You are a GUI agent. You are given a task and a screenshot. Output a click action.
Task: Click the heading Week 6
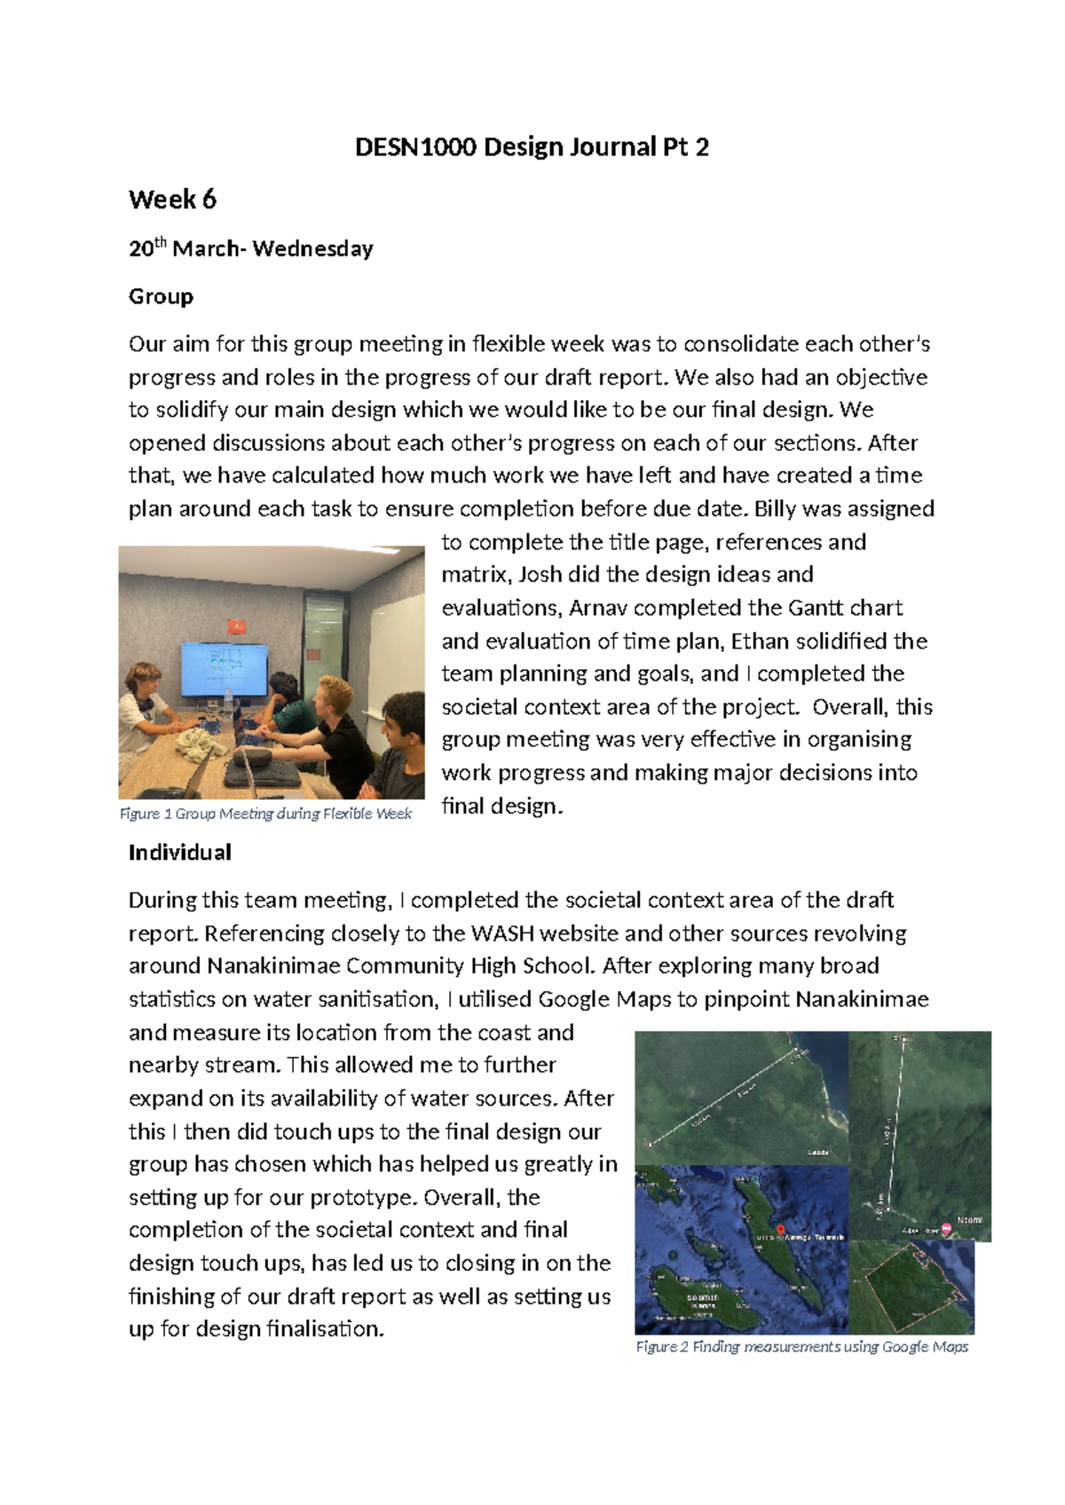(172, 200)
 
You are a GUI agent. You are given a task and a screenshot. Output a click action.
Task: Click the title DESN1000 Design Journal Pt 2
(532, 147)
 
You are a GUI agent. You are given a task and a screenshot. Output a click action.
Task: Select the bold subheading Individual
(179, 853)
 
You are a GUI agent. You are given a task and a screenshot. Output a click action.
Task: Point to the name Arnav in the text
(598, 609)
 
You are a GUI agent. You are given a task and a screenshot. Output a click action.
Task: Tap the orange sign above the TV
(236, 627)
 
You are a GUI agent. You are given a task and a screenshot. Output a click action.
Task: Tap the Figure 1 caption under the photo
(265, 814)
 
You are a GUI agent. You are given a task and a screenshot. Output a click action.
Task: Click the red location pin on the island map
(780, 1230)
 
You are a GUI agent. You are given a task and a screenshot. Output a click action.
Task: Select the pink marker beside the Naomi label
(946, 1229)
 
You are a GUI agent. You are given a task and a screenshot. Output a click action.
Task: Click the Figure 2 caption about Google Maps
(801, 1347)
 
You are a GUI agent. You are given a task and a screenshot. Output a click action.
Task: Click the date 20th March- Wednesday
(250, 249)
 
